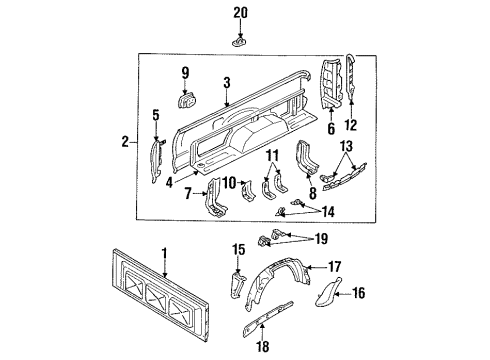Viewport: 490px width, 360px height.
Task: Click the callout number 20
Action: (239, 12)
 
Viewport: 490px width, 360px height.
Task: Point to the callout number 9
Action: (184, 71)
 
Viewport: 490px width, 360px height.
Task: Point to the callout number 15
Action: (238, 248)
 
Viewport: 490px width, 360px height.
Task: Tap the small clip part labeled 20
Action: (240, 41)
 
